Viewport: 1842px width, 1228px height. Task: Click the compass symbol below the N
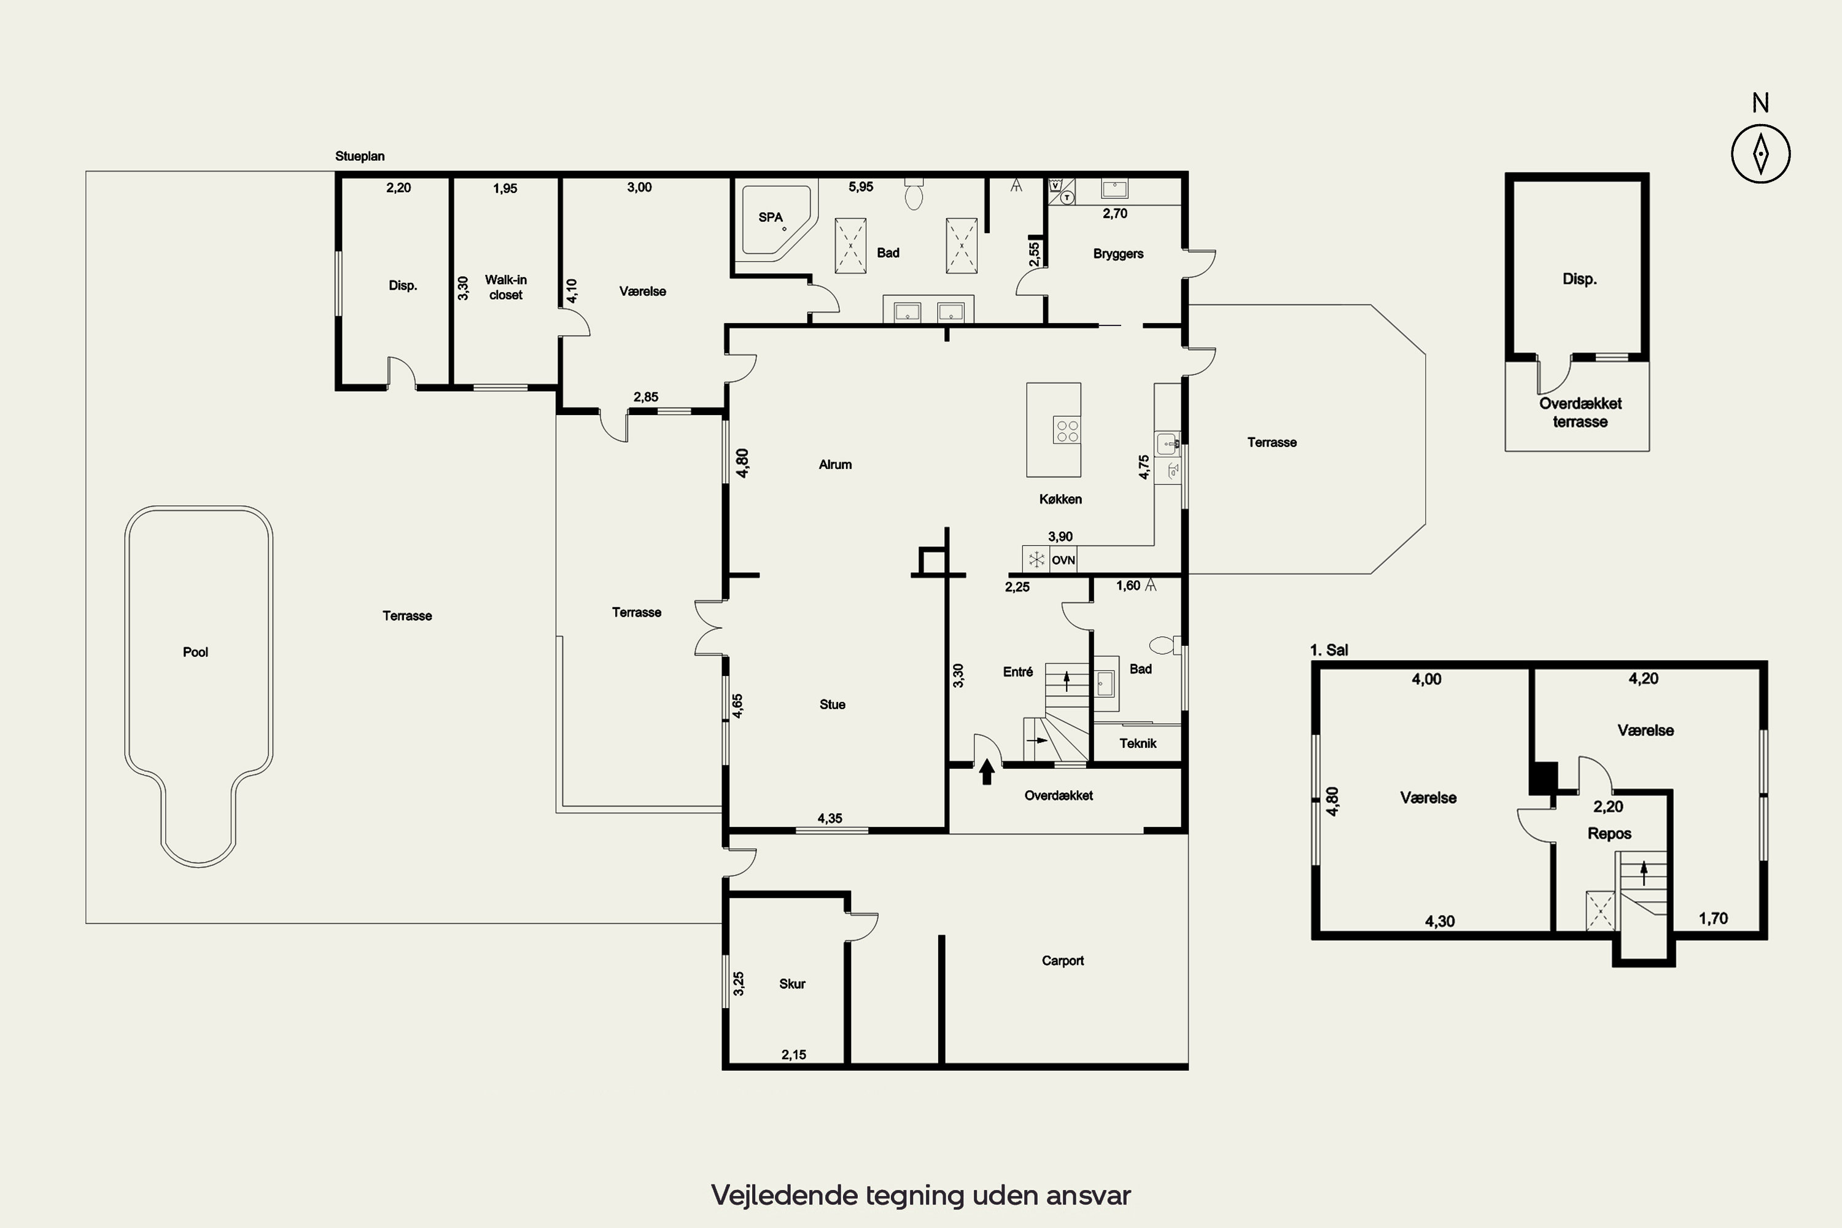[x=1760, y=153]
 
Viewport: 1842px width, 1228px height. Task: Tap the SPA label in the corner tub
[x=771, y=217]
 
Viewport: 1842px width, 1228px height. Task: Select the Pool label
[x=195, y=652]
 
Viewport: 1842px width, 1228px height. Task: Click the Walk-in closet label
[x=506, y=287]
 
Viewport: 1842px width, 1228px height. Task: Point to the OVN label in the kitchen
[x=1063, y=560]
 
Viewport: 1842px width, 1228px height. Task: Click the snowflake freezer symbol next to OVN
[x=1037, y=559]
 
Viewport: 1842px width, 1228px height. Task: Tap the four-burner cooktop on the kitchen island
[x=1067, y=431]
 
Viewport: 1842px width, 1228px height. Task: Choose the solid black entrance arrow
[x=987, y=771]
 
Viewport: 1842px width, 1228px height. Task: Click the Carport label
[x=1063, y=961]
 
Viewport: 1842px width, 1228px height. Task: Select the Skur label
[x=792, y=984]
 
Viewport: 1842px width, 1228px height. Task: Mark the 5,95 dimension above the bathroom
[x=861, y=187]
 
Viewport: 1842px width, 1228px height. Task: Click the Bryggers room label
[x=1118, y=254]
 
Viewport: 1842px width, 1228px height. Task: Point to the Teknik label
[x=1138, y=743]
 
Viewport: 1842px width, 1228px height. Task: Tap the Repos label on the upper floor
[x=1609, y=834]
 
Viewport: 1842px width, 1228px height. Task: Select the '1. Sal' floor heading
[x=1329, y=650]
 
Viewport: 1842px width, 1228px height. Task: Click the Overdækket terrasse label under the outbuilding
[x=1580, y=413]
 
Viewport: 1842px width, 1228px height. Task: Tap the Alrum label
[x=835, y=464]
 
